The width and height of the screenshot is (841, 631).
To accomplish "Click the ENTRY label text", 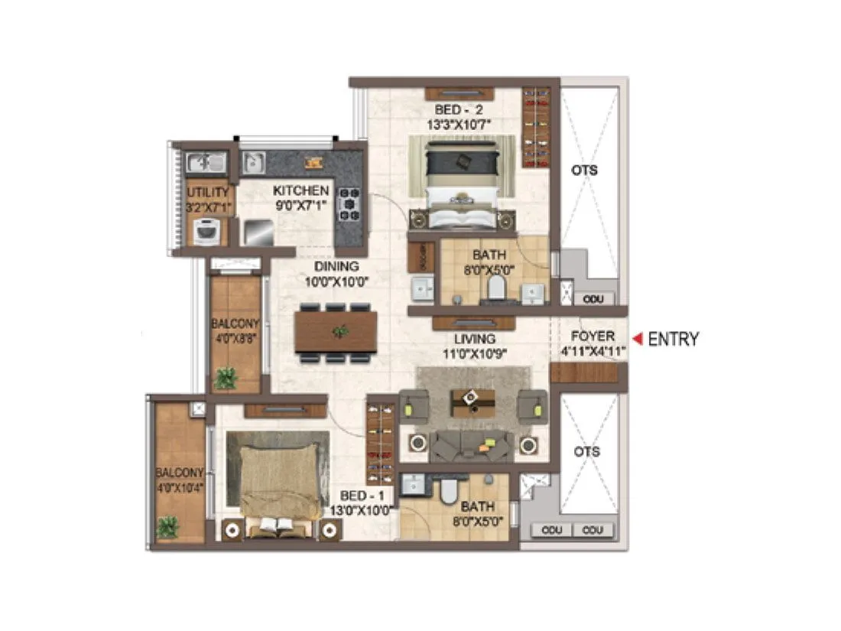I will click(x=673, y=339).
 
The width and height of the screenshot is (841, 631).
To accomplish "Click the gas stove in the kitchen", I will click(x=349, y=205).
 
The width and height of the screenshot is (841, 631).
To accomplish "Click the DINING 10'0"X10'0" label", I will click(x=336, y=274).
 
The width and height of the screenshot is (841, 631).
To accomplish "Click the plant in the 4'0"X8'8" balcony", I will click(x=226, y=377).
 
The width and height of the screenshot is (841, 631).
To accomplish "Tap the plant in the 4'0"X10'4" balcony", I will click(x=167, y=527).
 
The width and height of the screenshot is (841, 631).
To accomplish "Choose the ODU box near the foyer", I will click(x=593, y=299).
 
